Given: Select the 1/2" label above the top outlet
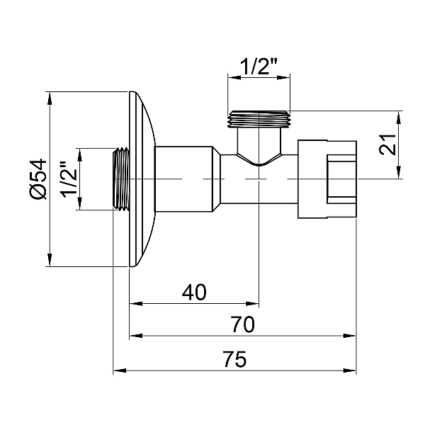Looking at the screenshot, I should point(259,67).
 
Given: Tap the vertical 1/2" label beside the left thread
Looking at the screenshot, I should point(67,180).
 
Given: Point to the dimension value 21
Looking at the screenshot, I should point(387,146).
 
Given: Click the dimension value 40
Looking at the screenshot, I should point(194,293).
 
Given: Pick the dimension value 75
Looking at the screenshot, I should point(234,359).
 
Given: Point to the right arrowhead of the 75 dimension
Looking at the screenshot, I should point(351,370).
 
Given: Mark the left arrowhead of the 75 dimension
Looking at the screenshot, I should point(119,370).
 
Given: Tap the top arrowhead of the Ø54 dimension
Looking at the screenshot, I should point(50,96).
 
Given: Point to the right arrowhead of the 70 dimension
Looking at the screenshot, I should point(351,336).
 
